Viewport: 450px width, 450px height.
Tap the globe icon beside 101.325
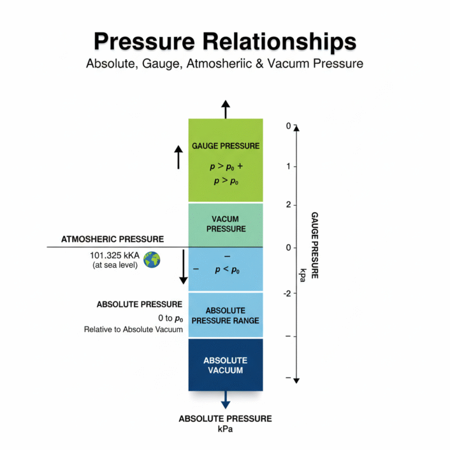click(152, 260)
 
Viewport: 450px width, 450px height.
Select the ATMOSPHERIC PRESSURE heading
click(112, 239)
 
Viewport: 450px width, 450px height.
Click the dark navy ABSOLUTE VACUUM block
click(225, 364)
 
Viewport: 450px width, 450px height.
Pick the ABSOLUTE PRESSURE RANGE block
click(225, 315)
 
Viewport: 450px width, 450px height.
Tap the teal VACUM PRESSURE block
click(225, 224)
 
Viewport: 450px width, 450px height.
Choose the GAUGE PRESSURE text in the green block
click(226, 146)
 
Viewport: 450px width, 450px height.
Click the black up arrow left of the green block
click(179, 157)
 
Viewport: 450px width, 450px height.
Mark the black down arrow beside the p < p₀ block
click(183, 267)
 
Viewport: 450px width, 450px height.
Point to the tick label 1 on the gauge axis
click(288, 166)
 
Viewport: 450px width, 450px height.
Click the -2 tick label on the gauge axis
click(287, 293)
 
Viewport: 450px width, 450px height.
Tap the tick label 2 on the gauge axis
click(288, 204)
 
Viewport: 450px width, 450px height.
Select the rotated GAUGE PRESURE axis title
click(315, 245)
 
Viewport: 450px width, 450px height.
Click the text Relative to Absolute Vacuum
click(134, 330)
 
